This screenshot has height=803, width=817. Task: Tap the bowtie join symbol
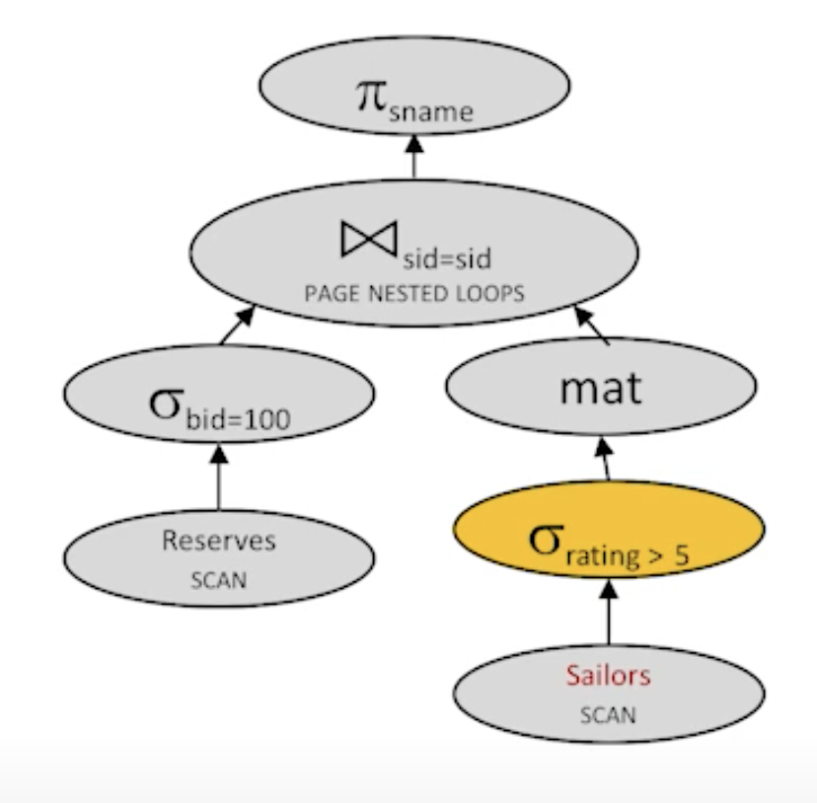click(x=368, y=236)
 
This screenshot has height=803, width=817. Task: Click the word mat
click(x=600, y=387)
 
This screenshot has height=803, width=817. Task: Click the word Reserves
click(x=218, y=540)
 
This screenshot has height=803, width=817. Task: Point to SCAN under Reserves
click(x=218, y=578)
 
